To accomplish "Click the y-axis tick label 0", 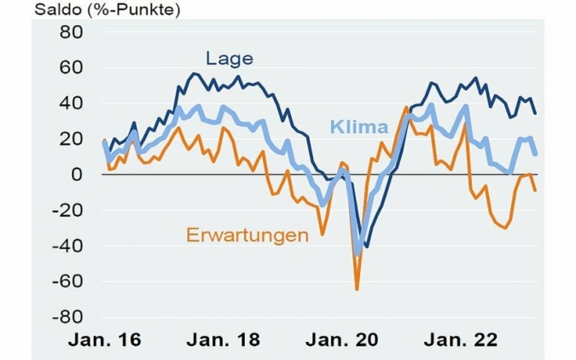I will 75,174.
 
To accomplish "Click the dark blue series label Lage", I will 229,58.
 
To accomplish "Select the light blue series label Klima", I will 358,128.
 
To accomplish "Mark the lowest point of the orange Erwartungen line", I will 357,289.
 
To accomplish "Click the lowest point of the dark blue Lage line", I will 367,247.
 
